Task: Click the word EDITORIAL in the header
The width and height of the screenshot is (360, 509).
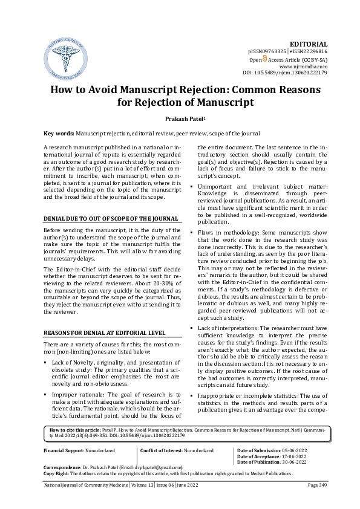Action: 309,44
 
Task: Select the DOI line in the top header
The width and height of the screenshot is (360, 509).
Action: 285,73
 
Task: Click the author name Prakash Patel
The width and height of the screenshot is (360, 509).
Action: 179,120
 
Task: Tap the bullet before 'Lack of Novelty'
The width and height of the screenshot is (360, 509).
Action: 47,361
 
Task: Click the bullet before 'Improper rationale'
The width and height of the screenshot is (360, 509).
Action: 47,394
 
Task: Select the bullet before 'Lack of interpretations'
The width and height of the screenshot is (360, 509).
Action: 192,328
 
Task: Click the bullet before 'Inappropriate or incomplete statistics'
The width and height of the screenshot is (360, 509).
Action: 192,395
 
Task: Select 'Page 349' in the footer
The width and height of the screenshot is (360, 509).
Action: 317,502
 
